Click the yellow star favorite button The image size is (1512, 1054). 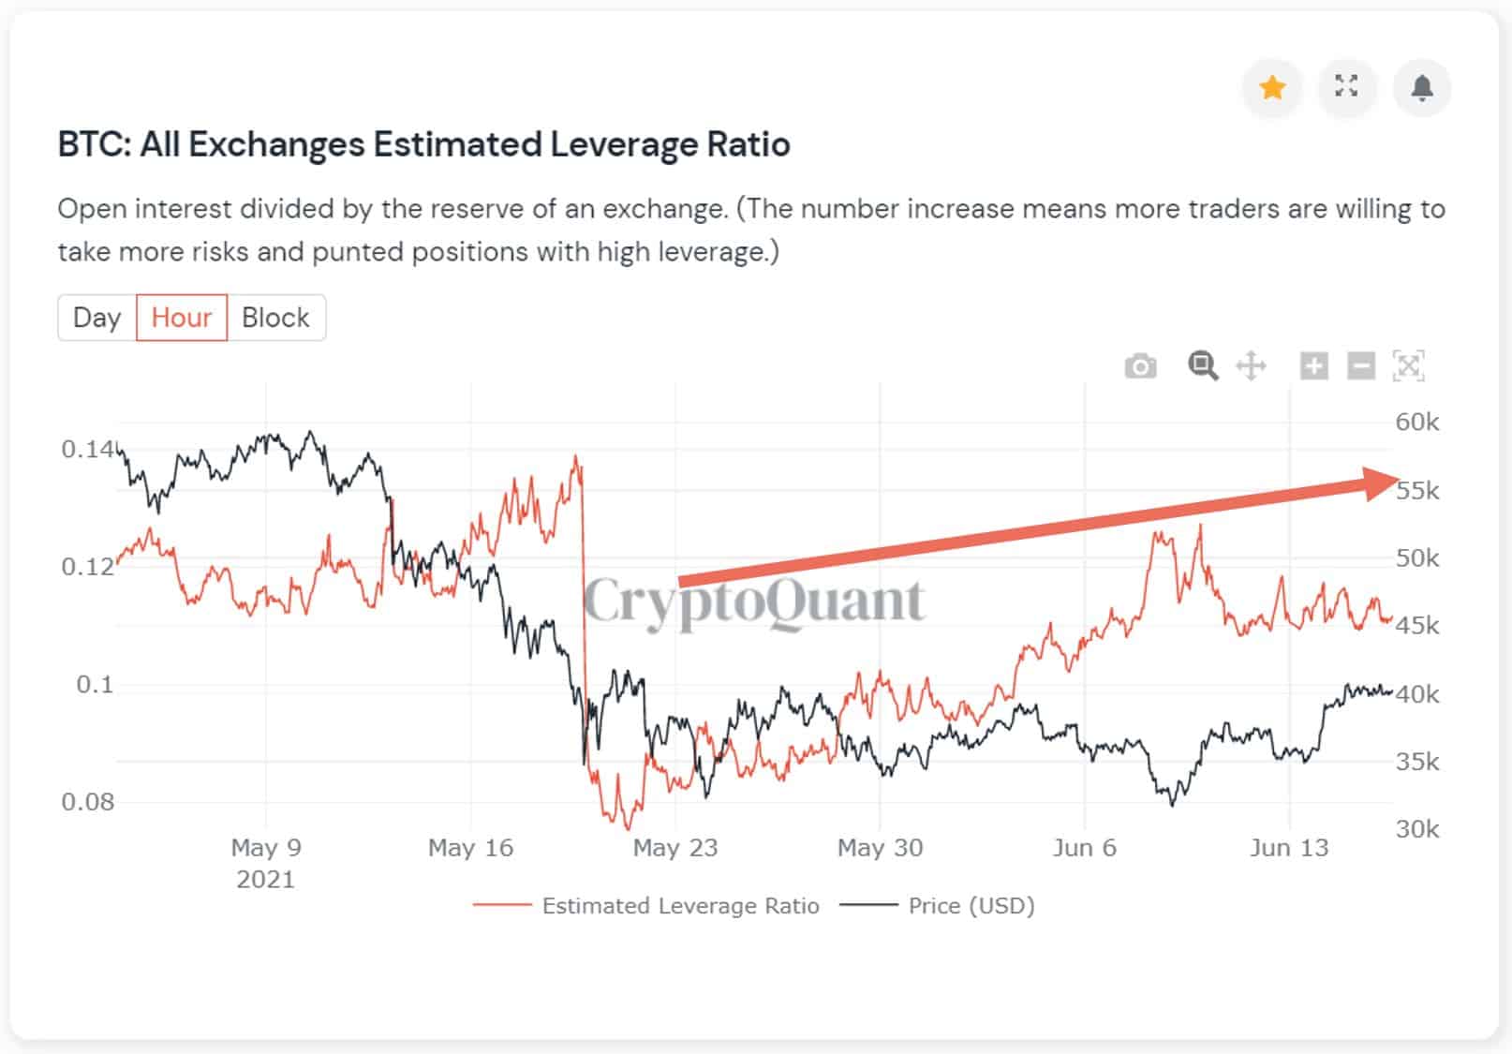click(1271, 88)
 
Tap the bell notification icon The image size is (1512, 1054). click(1421, 88)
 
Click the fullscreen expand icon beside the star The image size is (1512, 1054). click(1346, 87)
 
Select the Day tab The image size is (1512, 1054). click(97, 318)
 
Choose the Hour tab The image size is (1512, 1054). click(182, 318)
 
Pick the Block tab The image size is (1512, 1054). click(275, 318)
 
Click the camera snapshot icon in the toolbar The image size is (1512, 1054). click(1140, 365)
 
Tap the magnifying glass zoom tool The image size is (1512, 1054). click(1203, 365)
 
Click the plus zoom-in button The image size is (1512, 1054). click(1313, 365)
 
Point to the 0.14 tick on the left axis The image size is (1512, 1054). click(87, 450)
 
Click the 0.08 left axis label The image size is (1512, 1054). click(87, 802)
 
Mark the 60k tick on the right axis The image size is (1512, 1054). click(1416, 423)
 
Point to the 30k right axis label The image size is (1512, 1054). click(1416, 829)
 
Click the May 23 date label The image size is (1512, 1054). click(674, 848)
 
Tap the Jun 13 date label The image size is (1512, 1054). click(1289, 848)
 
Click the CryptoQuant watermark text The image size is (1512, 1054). click(754, 601)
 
